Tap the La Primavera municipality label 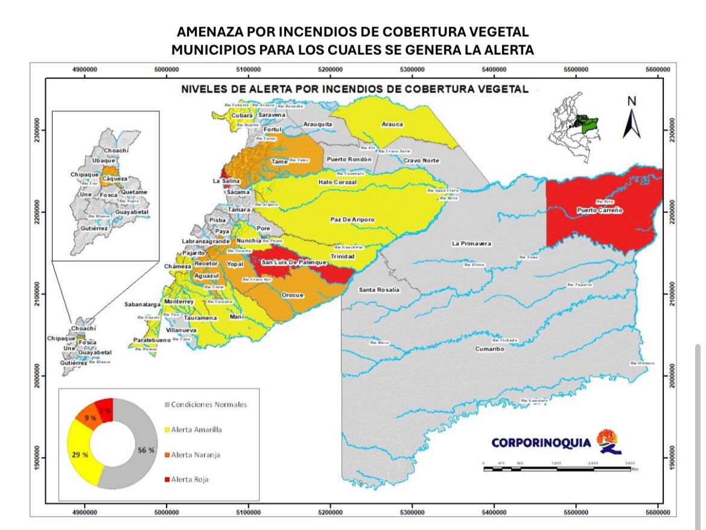471,244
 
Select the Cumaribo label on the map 489,349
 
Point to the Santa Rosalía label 379,290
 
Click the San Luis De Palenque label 289,263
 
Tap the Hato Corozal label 337,182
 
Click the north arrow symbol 631,118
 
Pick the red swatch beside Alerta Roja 167,479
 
